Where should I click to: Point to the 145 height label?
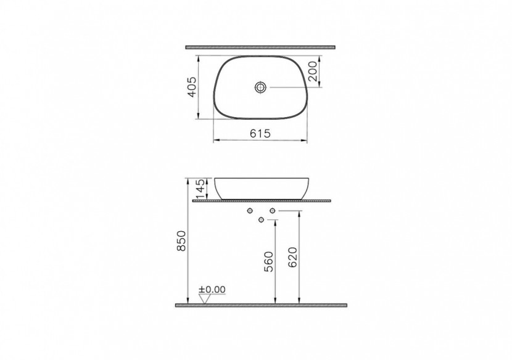200,187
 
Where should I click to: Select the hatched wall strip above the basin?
260,46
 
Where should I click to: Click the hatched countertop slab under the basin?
262,200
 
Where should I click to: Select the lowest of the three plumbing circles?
261,220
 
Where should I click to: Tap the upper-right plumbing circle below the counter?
271,212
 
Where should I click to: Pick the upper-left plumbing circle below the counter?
250,212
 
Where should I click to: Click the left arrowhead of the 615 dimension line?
216,141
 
